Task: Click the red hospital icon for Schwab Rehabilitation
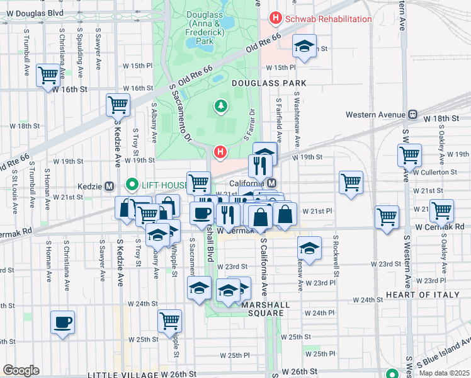click(x=275, y=19)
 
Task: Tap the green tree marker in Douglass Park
click(x=220, y=105)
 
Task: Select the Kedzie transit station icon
click(x=109, y=186)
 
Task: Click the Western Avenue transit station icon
click(x=413, y=115)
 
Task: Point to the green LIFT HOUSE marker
click(x=132, y=185)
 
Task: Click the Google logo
click(x=21, y=370)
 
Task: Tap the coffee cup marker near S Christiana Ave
click(x=62, y=323)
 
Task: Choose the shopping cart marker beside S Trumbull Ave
click(x=48, y=76)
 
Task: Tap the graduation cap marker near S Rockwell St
click(x=309, y=248)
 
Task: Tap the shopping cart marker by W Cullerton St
click(x=409, y=154)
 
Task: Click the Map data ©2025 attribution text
click(x=443, y=373)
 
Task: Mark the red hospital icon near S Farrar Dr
click(x=220, y=152)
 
